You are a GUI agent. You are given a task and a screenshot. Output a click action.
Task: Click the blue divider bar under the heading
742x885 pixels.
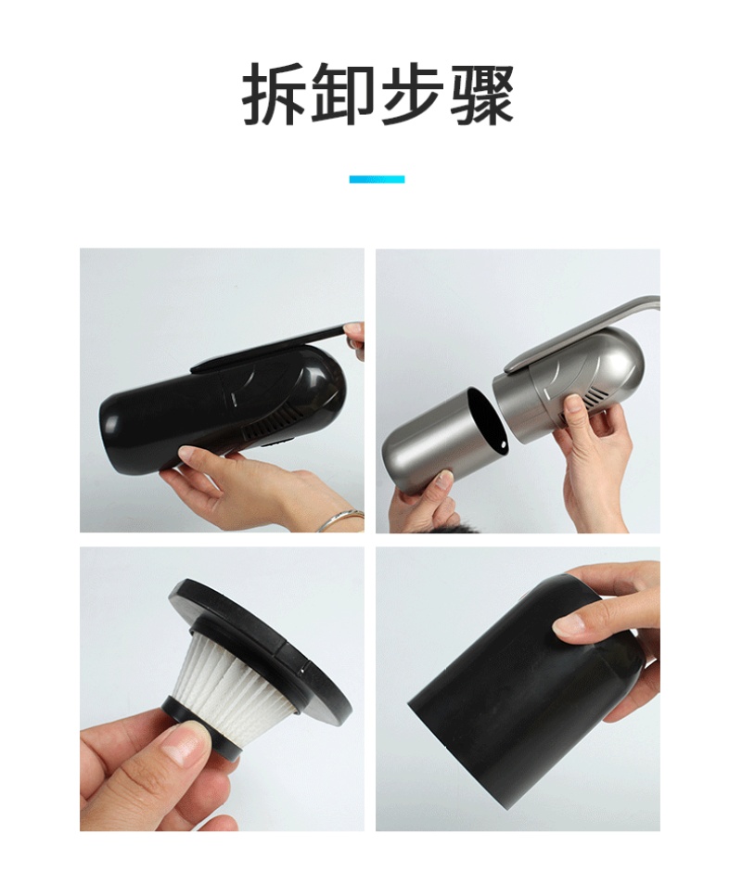[x=377, y=179]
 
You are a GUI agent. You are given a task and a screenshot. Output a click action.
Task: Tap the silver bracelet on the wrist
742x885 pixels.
[x=340, y=519]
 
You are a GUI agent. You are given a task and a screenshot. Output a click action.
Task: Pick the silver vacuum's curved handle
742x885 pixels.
[x=582, y=334]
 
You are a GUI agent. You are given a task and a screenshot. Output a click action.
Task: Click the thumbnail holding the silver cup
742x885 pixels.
[x=444, y=481]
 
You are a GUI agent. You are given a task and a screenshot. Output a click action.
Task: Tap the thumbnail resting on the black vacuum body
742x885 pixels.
[x=190, y=453]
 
